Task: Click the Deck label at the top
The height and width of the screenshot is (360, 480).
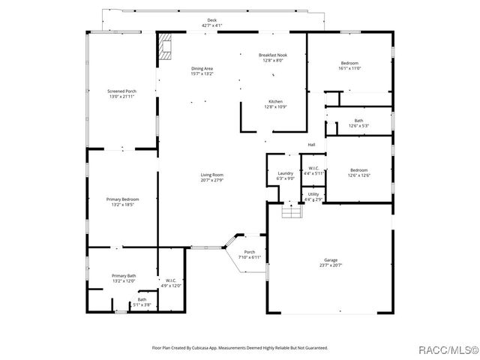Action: [211, 20]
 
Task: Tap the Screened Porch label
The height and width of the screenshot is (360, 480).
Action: [122, 91]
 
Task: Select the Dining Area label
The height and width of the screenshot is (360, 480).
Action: [202, 68]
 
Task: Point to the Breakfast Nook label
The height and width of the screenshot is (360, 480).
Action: [271, 55]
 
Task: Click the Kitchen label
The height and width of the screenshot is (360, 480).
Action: [275, 101]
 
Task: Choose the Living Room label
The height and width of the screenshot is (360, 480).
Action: [211, 175]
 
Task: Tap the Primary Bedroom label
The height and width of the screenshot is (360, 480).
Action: [121, 199]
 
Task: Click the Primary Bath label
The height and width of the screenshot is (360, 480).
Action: [124, 276]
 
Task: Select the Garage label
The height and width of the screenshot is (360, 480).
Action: [331, 260]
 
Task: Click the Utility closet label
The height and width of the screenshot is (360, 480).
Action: [313, 194]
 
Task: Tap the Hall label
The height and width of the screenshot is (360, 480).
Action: [311, 145]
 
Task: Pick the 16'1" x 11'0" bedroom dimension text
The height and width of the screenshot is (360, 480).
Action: [349, 68]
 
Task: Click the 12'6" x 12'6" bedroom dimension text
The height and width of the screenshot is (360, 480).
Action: [360, 175]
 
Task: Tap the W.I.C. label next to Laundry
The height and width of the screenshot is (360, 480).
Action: [313, 168]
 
